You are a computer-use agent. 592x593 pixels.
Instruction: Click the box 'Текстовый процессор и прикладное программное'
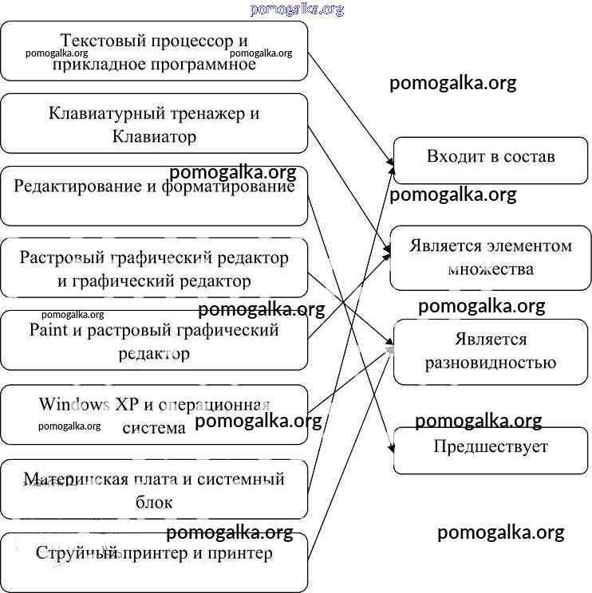[x=154, y=51]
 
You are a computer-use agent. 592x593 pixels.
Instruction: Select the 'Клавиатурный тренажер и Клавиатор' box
[x=154, y=124]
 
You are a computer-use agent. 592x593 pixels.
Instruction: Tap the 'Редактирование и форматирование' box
[x=154, y=196]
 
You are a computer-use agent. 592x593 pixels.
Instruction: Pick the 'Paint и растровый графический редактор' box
[x=154, y=340]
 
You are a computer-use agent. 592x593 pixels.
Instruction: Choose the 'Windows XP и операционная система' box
[x=154, y=414]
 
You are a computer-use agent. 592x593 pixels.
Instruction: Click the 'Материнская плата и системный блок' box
[x=154, y=489]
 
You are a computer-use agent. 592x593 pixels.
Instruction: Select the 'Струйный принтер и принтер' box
[x=154, y=563]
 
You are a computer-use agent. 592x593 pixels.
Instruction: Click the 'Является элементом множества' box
[x=490, y=257]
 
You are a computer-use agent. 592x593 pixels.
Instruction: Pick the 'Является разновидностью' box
[x=490, y=351]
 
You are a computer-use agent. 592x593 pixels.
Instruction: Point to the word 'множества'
[x=490, y=269]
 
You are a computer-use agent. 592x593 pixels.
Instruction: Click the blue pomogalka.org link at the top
[x=296, y=10]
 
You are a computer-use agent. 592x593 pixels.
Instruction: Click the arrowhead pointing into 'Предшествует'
[x=391, y=450]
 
